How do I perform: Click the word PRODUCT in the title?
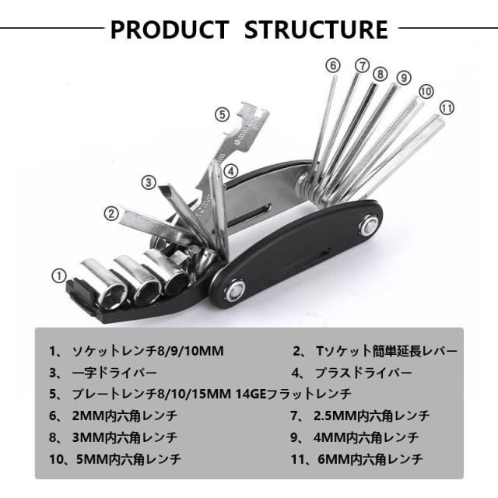coord(169,30)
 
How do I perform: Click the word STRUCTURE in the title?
coord(316,30)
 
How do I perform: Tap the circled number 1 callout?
coord(59,275)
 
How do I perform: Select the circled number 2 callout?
coord(112,212)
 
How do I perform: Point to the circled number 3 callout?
coord(149,182)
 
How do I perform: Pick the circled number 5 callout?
coord(222,114)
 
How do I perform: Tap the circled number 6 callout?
coord(333,65)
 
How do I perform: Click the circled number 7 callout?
coord(362,66)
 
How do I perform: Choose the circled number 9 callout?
coord(403,77)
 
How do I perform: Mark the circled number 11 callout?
coord(446,107)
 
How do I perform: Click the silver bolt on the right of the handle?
coord(368,229)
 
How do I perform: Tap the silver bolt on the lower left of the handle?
coord(233,292)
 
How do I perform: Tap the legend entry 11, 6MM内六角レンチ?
coord(366,458)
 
